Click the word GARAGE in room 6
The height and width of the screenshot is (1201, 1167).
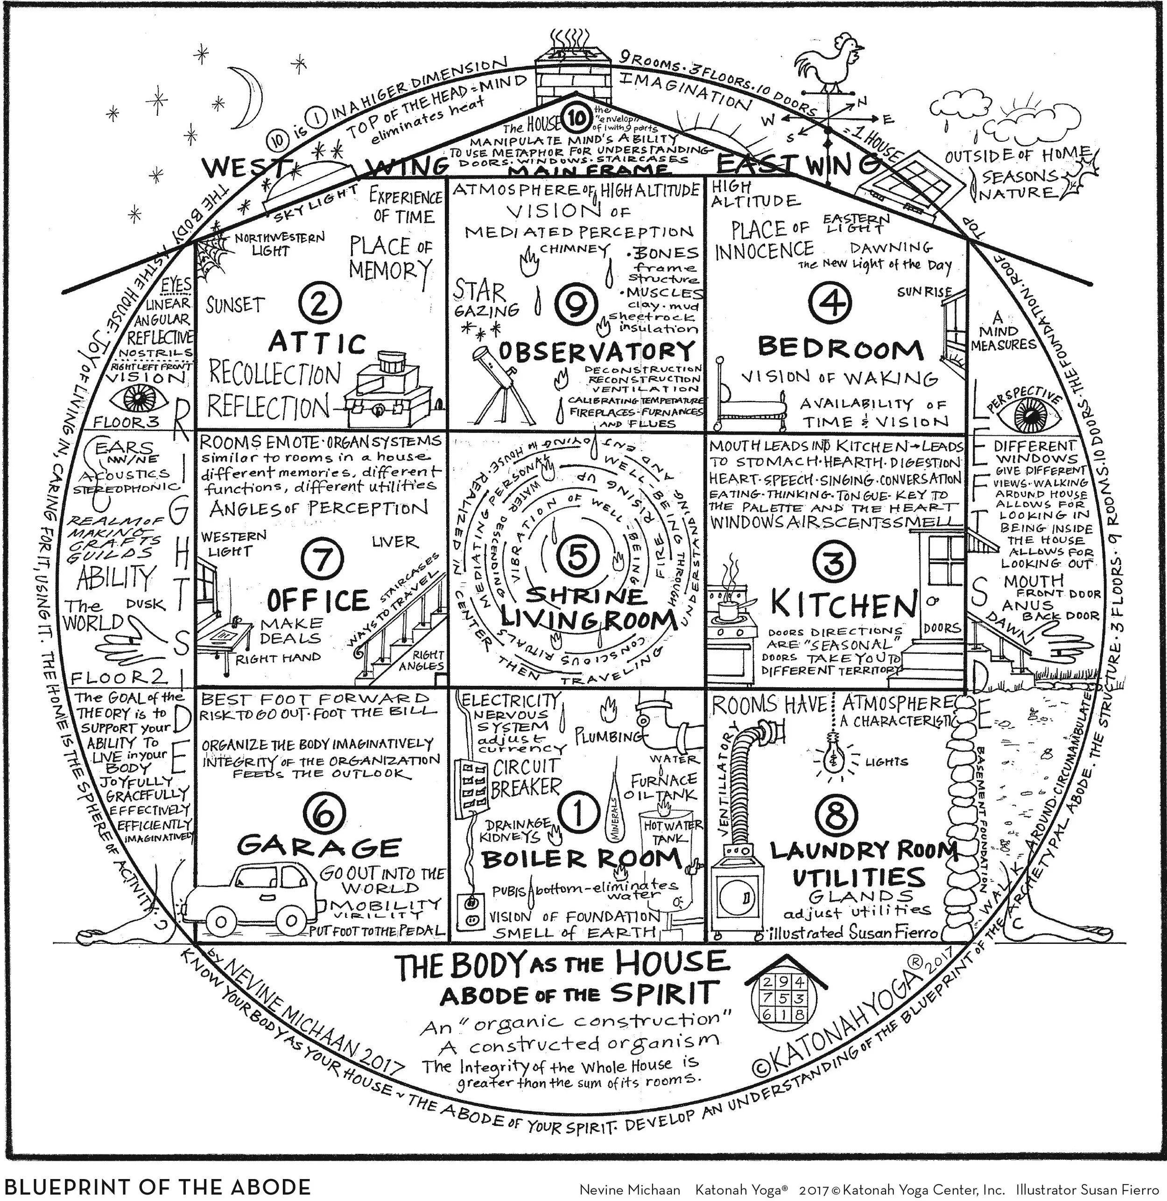[319, 847]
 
